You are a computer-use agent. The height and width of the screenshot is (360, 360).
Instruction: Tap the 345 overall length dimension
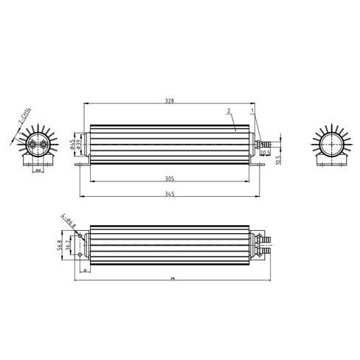point(171,194)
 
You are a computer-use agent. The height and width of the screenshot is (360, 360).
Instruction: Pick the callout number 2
point(229,109)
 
